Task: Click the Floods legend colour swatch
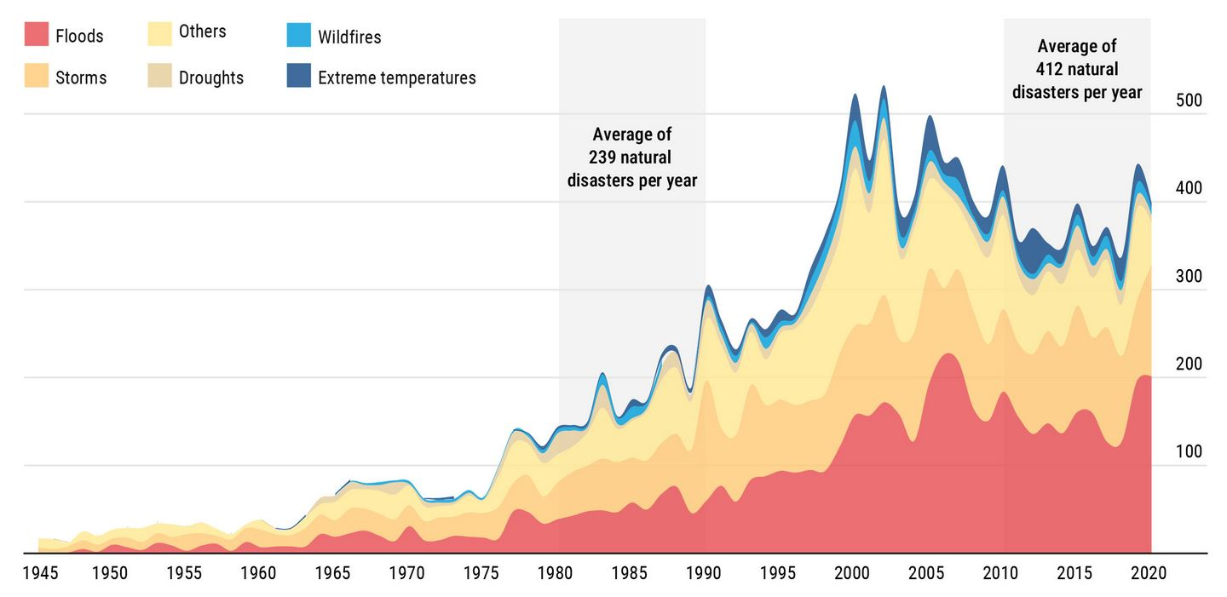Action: coord(36,35)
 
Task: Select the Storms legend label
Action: coord(81,77)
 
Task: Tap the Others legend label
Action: coord(202,32)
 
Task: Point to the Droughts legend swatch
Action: coord(159,77)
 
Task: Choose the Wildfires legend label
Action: coord(349,37)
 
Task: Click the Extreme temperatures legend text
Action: coord(396,77)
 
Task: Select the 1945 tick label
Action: coord(39,573)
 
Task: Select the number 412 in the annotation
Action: coord(1051,69)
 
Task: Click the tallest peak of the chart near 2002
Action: coord(883,87)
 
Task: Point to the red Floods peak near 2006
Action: coord(948,354)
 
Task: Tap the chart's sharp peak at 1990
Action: coord(708,287)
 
